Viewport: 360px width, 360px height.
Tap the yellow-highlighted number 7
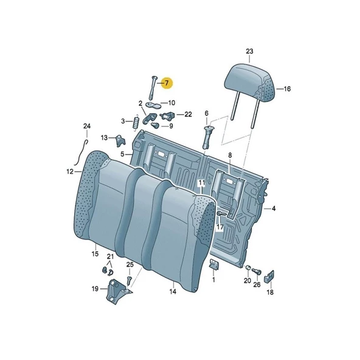pyautogui.click(x=166, y=82)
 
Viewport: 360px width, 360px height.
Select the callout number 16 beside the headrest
pyautogui.click(x=287, y=89)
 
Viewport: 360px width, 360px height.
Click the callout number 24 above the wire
pyautogui.click(x=87, y=126)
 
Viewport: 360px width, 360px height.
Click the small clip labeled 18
pyautogui.click(x=270, y=277)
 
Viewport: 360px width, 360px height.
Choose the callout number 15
pyautogui.click(x=95, y=253)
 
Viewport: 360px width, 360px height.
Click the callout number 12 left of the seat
pyautogui.click(x=70, y=172)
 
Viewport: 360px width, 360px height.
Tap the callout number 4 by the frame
pyautogui.click(x=274, y=209)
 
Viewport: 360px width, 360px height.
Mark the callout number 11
pyautogui.click(x=201, y=183)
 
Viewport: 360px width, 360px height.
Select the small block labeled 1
pyautogui.click(x=213, y=263)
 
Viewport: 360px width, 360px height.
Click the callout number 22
pyautogui.click(x=188, y=114)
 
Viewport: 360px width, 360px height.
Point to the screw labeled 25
pyautogui.click(x=130, y=279)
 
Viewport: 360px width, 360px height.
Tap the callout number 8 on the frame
pyautogui.click(x=230, y=156)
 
